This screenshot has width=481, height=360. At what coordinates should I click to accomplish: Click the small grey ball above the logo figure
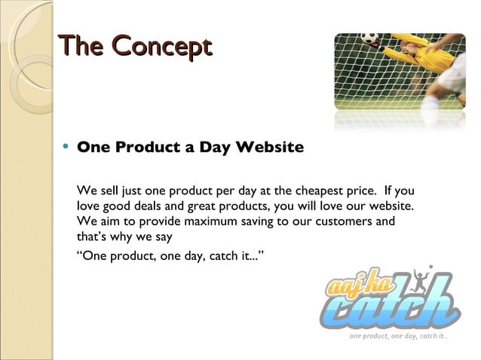tap(430, 267)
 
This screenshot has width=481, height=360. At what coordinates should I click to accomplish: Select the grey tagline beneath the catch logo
tap(397, 336)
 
